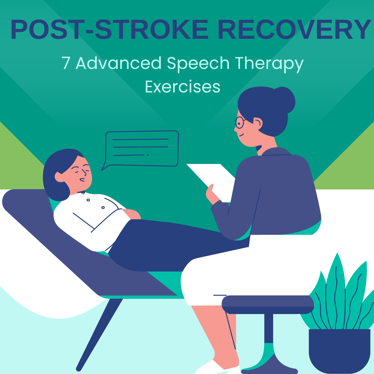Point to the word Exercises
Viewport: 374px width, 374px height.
[x=182, y=87]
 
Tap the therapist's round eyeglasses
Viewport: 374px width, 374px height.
[x=240, y=122]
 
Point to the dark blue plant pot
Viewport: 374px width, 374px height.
[x=339, y=350]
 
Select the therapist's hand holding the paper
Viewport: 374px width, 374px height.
[x=212, y=194]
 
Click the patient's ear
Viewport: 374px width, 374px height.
[x=59, y=177]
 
